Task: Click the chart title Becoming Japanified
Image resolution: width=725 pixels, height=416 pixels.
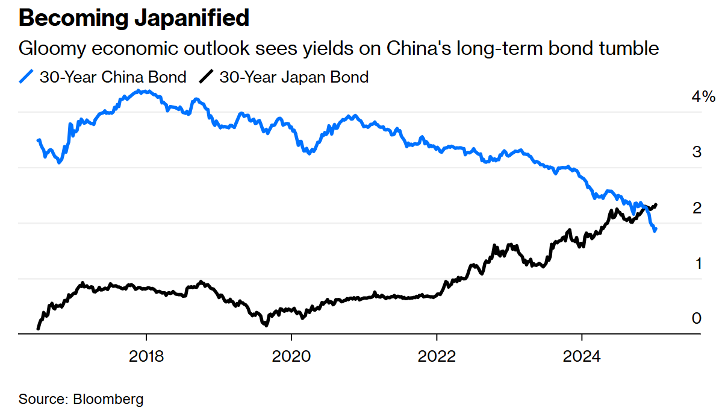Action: point(134,19)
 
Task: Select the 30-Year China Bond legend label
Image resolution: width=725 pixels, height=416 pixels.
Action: point(113,77)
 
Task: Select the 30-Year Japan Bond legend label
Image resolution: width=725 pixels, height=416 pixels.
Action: point(293,77)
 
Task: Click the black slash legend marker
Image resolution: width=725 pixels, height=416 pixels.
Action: point(207,77)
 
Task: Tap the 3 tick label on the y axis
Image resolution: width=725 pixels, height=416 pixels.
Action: point(697,152)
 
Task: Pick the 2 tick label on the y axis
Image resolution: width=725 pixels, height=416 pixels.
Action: point(697,208)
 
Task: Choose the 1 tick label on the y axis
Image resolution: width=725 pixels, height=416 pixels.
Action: point(697,263)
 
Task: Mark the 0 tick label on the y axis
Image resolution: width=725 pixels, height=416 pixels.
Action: point(697,318)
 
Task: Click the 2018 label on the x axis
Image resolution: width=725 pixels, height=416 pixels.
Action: point(146,356)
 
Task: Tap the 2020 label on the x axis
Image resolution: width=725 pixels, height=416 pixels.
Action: point(291,356)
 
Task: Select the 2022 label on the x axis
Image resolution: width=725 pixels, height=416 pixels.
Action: point(437,356)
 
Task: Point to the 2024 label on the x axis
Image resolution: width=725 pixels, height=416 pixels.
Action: point(581,356)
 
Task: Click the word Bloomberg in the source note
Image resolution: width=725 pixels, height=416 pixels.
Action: point(108,399)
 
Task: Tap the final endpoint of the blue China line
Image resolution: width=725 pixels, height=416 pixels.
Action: point(655,230)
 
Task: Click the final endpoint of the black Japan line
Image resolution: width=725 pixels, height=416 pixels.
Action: point(656,205)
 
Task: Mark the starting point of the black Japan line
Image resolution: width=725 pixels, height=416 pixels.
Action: point(38,329)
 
